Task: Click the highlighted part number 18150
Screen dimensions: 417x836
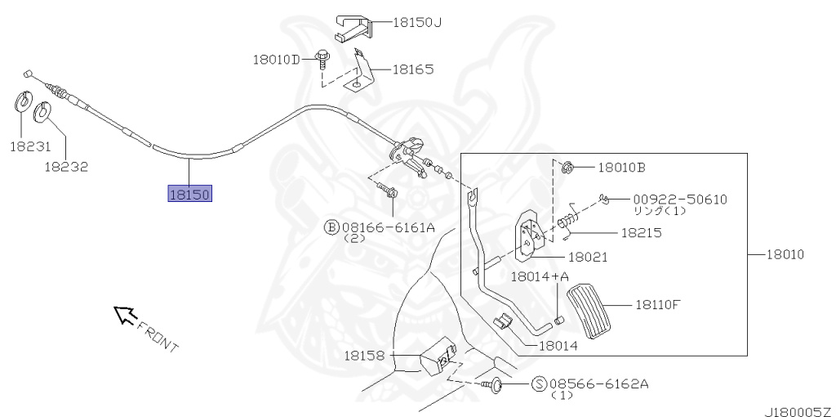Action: [x=189, y=194]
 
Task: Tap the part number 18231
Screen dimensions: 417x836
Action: [x=30, y=147]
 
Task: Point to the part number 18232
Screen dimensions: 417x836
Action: [x=66, y=166]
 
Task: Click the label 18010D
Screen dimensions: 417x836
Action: [x=276, y=59]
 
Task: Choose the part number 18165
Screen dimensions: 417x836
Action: [x=412, y=69]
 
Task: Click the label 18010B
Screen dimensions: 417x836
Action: [x=621, y=168]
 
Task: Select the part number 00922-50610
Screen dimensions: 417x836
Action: [x=679, y=199]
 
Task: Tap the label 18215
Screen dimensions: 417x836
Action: [x=641, y=232]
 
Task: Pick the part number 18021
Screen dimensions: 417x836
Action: [x=588, y=257]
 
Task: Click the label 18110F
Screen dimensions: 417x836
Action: [x=658, y=304]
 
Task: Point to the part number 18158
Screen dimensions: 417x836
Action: [x=363, y=356]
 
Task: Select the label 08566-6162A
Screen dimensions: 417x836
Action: [x=599, y=383]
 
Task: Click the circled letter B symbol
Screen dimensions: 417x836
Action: [x=331, y=226]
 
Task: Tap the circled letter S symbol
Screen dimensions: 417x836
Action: [x=539, y=383]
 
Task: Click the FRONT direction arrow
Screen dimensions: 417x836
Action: [x=125, y=314]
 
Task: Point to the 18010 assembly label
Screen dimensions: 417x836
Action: [x=785, y=254]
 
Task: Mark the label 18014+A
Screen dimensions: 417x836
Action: [x=540, y=276]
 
